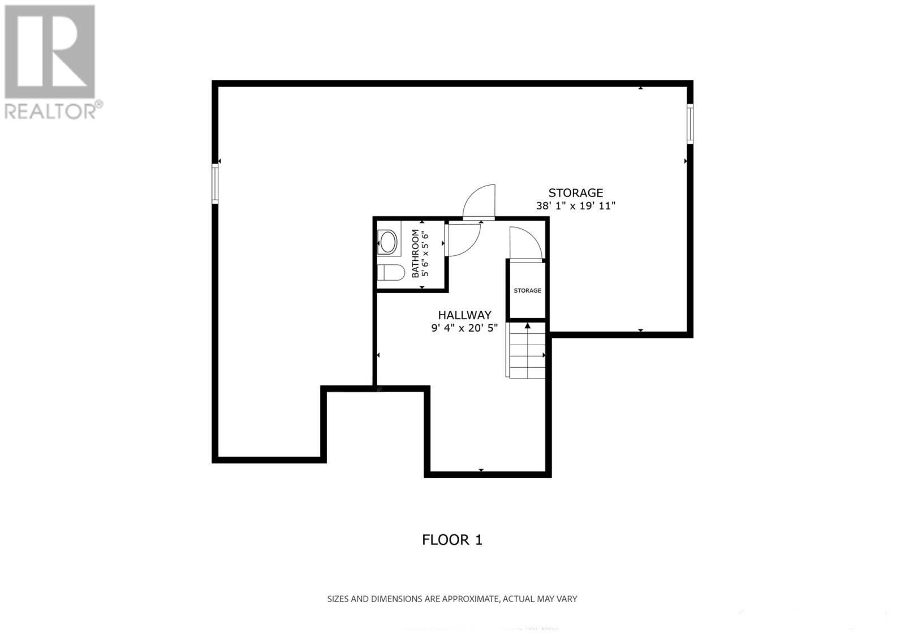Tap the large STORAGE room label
point(575,193)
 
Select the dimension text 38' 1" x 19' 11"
point(575,206)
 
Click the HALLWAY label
point(464,315)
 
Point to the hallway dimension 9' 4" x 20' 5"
point(464,328)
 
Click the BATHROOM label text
point(416,253)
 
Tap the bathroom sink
point(388,242)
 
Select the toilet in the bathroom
point(390,273)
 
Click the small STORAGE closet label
point(527,291)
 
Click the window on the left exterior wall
point(216,183)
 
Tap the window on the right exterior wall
point(690,123)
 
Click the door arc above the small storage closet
point(525,243)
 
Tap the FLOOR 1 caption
point(452,540)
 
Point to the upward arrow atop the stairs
point(527,326)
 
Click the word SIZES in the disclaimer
point(338,599)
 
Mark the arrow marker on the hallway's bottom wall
point(481,470)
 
